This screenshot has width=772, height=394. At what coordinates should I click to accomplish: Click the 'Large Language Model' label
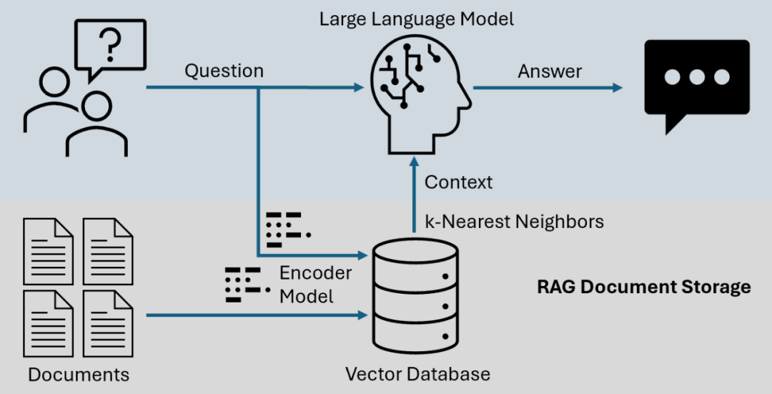pyautogui.click(x=417, y=19)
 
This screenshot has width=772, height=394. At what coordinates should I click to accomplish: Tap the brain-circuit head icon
pyautogui.click(x=417, y=93)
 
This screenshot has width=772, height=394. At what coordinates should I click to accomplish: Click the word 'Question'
pyautogui.click(x=224, y=71)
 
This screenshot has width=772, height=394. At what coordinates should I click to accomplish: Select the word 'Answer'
pyautogui.click(x=550, y=71)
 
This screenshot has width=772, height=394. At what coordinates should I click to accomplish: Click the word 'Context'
pyautogui.click(x=458, y=182)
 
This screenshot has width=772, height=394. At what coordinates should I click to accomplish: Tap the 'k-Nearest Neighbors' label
pyautogui.click(x=514, y=222)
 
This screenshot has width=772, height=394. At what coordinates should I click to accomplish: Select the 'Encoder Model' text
pyautogui.click(x=315, y=285)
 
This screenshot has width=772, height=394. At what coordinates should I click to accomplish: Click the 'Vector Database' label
pyautogui.click(x=417, y=373)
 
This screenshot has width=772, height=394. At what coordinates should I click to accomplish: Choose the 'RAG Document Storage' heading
pyautogui.click(x=643, y=287)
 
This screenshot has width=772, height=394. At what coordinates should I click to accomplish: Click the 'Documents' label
pyautogui.click(x=79, y=375)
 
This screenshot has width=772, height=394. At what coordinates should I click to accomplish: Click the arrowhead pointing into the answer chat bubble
pyautogui.click(x=616, y=88)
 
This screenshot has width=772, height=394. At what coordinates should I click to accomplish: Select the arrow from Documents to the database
pyautogui.click(x=257, y=315)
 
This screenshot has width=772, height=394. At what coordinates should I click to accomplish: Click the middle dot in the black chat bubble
pyautogui.click(x=697, y=77)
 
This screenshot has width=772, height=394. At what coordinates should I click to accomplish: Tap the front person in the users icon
pyautogui.click(x=96, y=125)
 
